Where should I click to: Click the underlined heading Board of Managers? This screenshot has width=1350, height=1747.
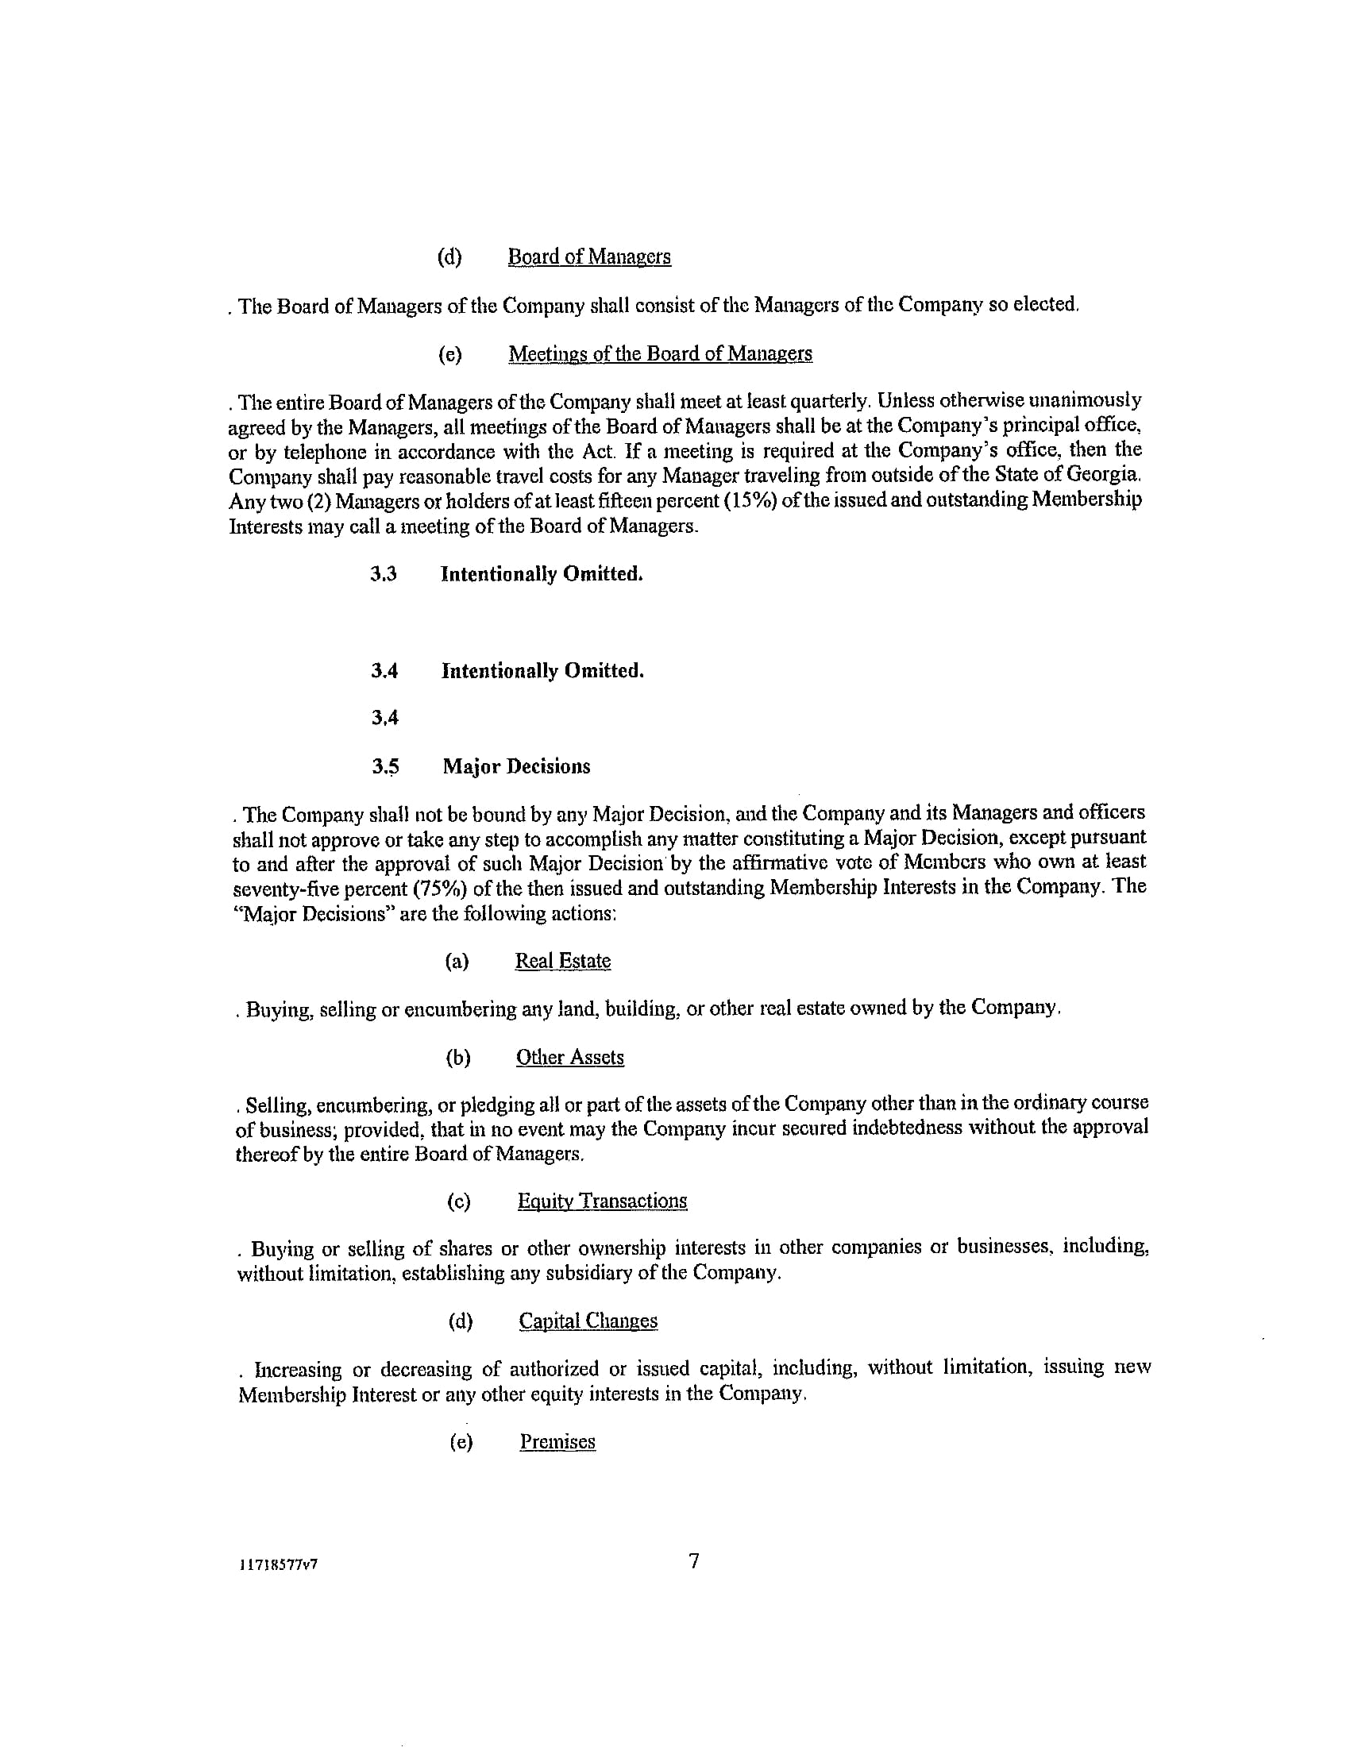coord(589,256)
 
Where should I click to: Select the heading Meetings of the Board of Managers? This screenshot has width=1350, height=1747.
coord(660,353)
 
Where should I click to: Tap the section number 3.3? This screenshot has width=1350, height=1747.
coord(384,574)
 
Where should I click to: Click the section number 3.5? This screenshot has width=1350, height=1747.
coord(385,766)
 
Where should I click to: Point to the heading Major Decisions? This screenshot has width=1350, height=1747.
coord(517,766)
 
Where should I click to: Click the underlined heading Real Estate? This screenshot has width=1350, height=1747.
coord(562,961)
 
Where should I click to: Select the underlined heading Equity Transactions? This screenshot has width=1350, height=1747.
coord(602,1201)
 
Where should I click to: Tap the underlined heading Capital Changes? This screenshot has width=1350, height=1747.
coord(588,1321)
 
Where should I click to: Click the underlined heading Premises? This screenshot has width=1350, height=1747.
coord(557,1441)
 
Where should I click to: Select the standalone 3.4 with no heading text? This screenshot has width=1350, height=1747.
coord(384,719)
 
